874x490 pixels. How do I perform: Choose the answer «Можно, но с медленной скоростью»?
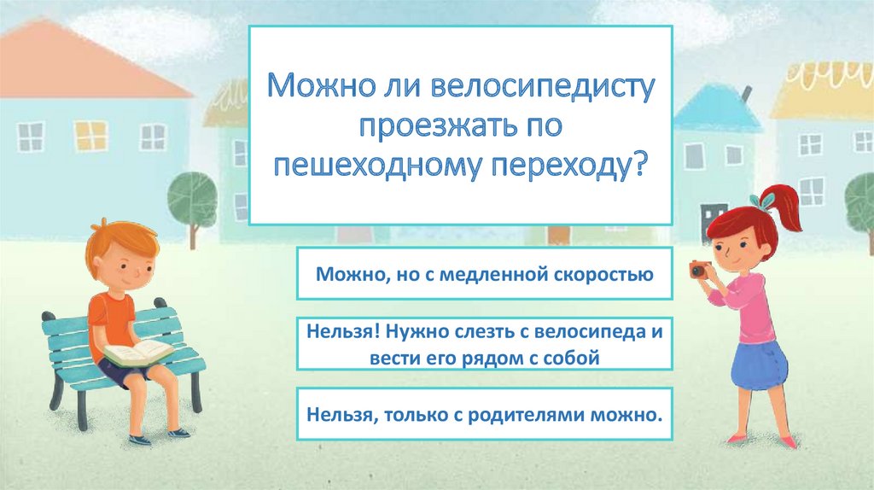point(484,275)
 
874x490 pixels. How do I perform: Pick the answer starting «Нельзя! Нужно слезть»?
point(484,344)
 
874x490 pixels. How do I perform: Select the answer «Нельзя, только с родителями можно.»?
point(484,415)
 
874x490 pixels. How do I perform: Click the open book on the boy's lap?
point(137,351)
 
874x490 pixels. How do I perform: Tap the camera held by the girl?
point(698,271)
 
